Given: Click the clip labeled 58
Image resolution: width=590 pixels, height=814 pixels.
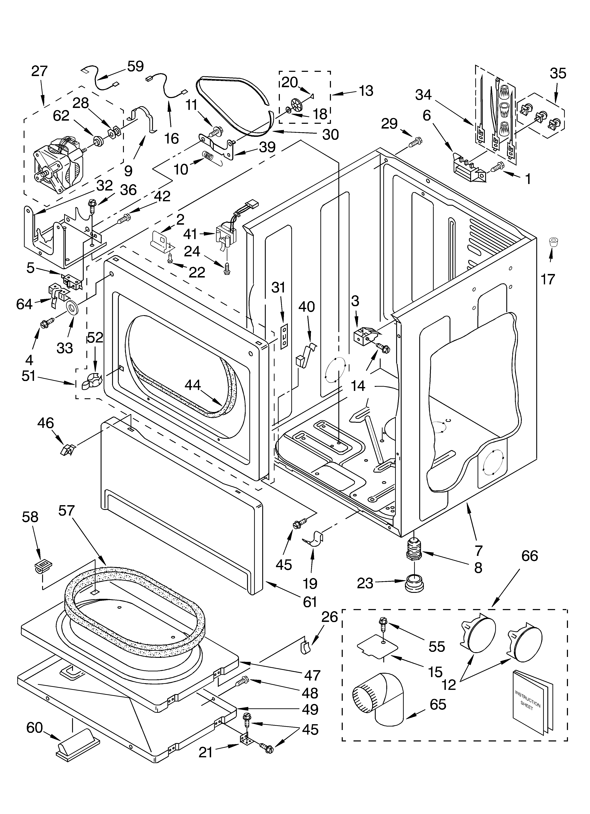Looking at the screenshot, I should point(42,566).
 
